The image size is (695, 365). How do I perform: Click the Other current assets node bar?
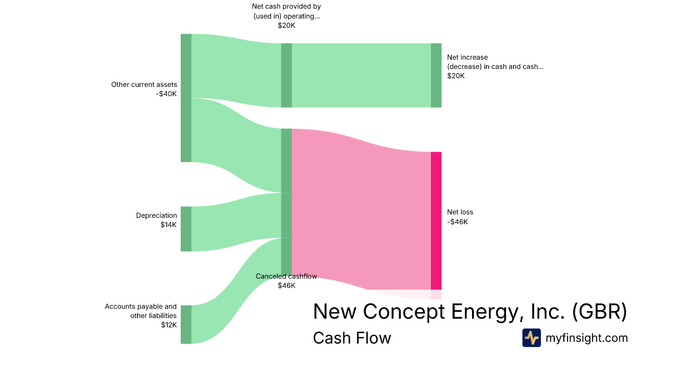pyautogui.click(x=186, y=98)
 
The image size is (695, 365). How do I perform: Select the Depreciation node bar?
pyautogui.click(x=186, y=229)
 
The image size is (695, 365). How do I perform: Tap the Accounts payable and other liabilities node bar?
pyautogui.click(x=186, y=324)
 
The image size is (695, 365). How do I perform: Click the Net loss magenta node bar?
pyautogui.click(x=436, y=221)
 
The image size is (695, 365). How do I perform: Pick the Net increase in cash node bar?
pyautogui.click(x=436, y=75)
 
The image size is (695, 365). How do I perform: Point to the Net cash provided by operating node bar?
pyautogui.click(x=286, y=75)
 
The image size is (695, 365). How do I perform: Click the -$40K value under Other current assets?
pyautogui.click(x=167, y=94)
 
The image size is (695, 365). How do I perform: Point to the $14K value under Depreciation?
pyautogui.click(x=169, y=225)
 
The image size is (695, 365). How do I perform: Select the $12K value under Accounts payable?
pyautogui.click(x=169, y=325)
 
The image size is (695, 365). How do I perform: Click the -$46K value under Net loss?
pyautogui.click(x=458, y=221)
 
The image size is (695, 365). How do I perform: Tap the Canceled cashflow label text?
pyautogui.click(x=286, y=276)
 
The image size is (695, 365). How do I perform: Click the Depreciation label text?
pyautogui.click(x=156, y=216)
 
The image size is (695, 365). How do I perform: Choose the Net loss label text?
pyautogui.click(x=460, y=212)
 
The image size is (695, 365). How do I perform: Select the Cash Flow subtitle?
pyautogui.click(x=352, y=338)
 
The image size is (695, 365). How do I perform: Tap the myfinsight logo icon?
pyautogui.click(x=531, y=338)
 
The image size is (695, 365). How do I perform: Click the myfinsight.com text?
pyautogui.click(x=586, y=338)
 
